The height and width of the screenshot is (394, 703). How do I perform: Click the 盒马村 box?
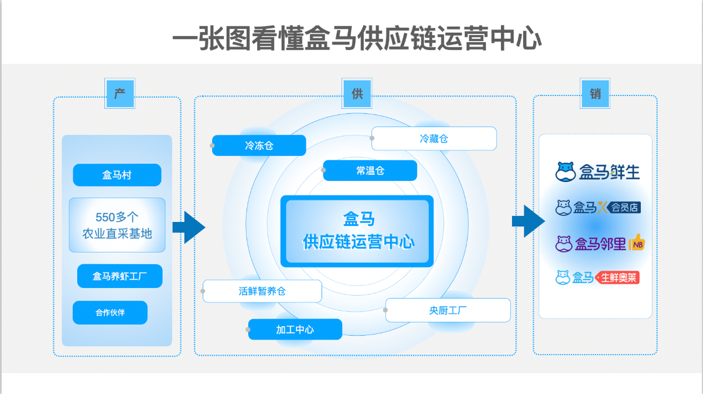(x=117, y=175)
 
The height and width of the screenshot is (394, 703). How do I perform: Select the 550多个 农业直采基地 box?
(x=117, y=225)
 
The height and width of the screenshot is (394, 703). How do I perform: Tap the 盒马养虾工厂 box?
(x=120, y=276)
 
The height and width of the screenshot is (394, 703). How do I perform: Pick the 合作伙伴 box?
(x=110, y=313)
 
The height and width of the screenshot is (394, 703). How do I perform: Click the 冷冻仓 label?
(x=259, y=146)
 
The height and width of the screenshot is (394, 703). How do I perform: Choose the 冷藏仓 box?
(x=434, y=139)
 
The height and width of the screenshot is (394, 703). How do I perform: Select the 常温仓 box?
(x=370, y=170)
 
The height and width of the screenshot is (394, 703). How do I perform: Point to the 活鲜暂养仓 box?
(x=262, y=291)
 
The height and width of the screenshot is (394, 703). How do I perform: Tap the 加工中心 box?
(x=295, y=330)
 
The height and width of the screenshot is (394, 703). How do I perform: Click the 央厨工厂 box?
(x=448, y=310)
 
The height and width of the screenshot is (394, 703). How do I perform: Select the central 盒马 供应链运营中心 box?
(x=357, y=231)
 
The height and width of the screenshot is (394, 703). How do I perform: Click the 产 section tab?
(x=120, y=93)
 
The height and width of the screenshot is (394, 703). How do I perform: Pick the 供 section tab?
(x=357, y=93)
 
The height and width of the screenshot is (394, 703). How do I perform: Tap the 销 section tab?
(x=595, y=93)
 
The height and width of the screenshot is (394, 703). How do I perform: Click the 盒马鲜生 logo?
(x=597, y=172)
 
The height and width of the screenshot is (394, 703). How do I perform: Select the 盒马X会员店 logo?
(x=597, y=207)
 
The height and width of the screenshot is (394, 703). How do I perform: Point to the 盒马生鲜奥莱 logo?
(x=597, y=277)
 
